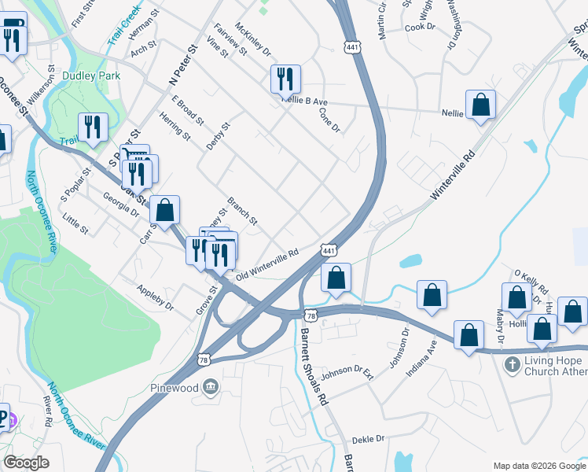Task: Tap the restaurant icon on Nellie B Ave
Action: coord(285,79)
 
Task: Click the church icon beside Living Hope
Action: coord(513,365)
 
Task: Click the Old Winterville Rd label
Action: coord(267,264)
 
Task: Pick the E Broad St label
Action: coord(188,110)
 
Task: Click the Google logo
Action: coord(27,463)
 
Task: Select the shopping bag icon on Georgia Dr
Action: coord(164,209)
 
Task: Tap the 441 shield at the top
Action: coord(352,48)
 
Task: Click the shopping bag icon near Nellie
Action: coord(480,105)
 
